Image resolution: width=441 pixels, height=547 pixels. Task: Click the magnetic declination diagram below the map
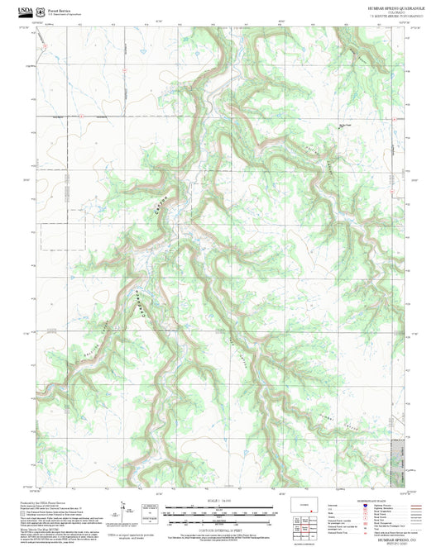pos(125,511)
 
